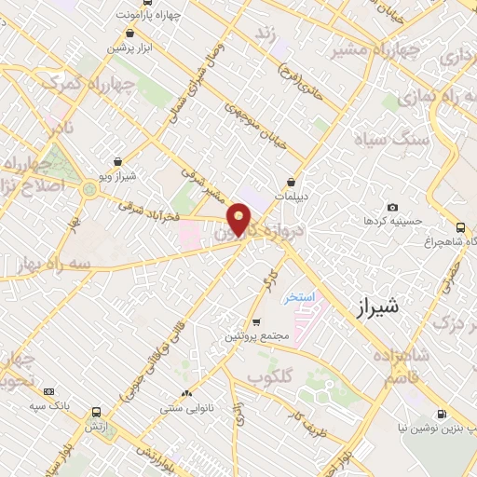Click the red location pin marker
coord(239,219)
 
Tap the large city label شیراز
coord(379,307)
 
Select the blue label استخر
coord(300,296)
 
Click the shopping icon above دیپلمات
coord(293,182)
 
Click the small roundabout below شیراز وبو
coord(90,190)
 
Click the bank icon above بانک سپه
coord(49,392)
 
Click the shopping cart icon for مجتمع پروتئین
coord(256,321)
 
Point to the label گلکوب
coord(270,375)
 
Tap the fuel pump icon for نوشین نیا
coord(441,415)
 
